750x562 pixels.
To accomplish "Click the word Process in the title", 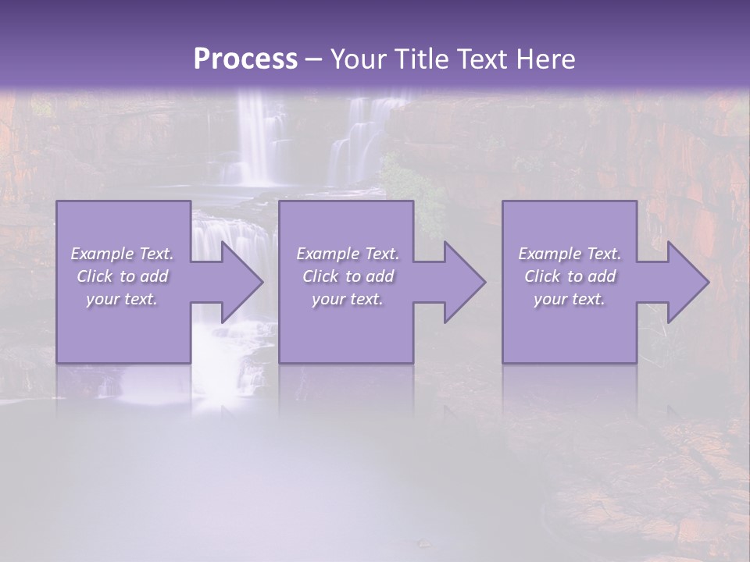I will (x=245, y=59).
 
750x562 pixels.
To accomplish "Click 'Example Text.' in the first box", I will (x=123, y=254).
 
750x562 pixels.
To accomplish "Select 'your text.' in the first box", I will (x=123, y=299).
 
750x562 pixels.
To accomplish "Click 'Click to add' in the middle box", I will (x=348, y=276).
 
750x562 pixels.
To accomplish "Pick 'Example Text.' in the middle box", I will (x=348, y=254).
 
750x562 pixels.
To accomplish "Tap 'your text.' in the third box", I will (x=570, y=299).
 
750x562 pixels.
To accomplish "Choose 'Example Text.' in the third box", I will (x=570, y=254).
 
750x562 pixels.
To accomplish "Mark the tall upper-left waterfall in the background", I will (x=254, y=137).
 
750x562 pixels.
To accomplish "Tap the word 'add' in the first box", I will (x=154, y=276).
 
